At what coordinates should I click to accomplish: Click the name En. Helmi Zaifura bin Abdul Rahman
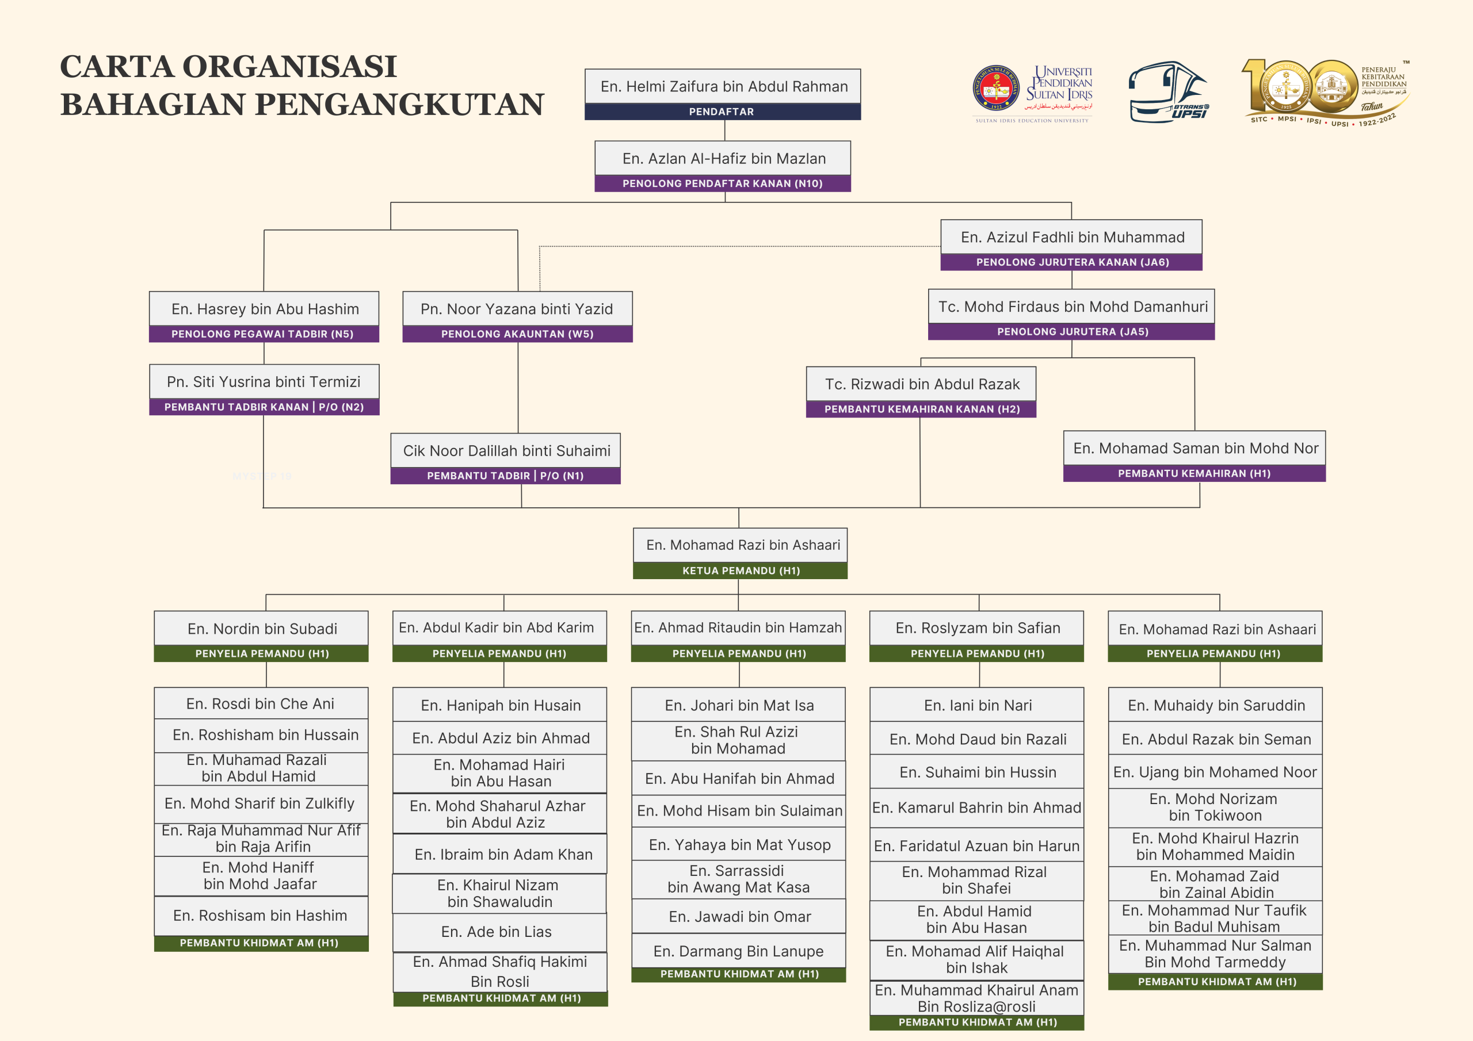(724, 87)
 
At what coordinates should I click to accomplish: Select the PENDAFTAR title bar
(722, 112)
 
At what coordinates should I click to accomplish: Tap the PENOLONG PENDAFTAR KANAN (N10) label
(722, 183)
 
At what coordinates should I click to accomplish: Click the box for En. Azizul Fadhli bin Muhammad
(1072, 238)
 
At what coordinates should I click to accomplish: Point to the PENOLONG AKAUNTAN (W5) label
(517, 334)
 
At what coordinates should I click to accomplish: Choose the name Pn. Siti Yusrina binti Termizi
(264, 382)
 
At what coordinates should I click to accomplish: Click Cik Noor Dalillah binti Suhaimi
(506, 451)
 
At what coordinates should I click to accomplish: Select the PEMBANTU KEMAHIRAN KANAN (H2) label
(921, 409)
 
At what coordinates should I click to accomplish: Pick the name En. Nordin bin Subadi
(262, 629)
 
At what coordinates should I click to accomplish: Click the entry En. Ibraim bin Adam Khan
(503, 854)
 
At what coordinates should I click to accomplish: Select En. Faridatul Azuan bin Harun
(976, 846)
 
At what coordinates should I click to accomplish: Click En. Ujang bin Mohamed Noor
(1215, 772)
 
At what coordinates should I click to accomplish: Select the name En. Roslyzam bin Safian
(977, 628)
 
